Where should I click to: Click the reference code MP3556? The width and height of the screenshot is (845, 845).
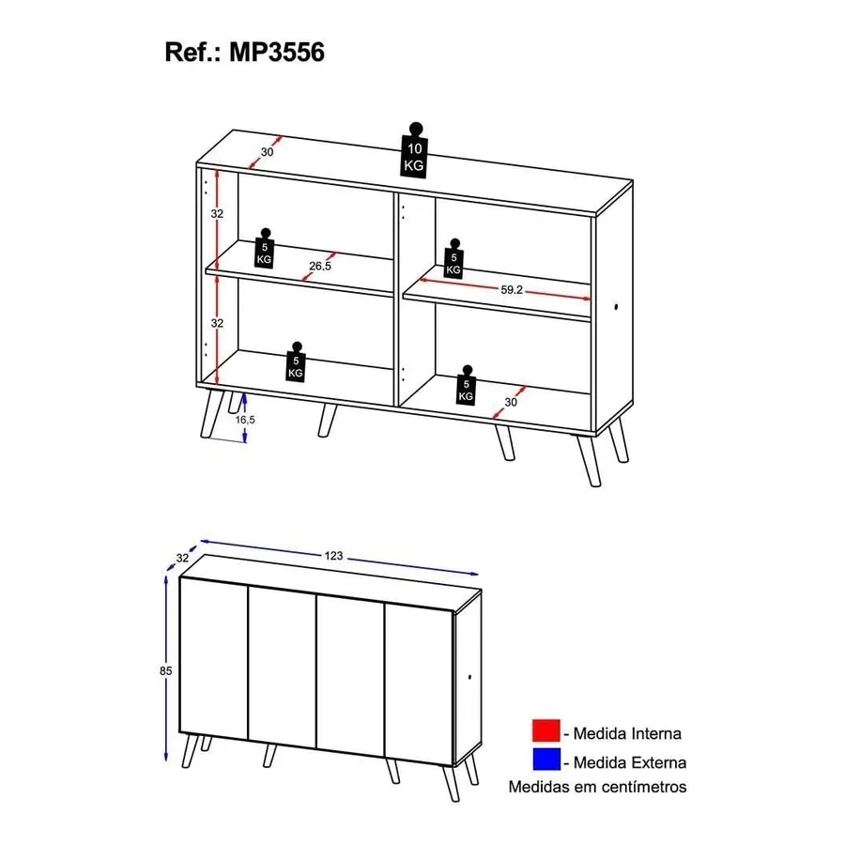pyautogui.click(x=276, y=53)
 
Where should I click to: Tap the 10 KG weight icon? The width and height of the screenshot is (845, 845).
pyautogui.click(x=414, y=150)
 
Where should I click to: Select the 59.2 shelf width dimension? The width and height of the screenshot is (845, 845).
pyautogui.click(x=512, y=289)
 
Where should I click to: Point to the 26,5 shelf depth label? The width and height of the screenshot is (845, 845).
pyautogui.click(x=320, y=266)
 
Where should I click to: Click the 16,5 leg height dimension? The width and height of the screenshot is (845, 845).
pyautogui.click(x=245, y=420)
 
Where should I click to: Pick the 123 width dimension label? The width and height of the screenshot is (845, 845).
pyautogui.click(x=333, y=556)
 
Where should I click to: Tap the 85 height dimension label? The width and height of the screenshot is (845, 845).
pyautogui.click(x=165, y=671)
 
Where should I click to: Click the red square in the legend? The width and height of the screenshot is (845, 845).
pyautogui.click(x=545, y=730)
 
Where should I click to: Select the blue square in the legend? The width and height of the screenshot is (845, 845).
pyautogui.click(x=545, y=759)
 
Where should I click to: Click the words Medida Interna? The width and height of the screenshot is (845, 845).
pyautogui.click(x=627, y=733)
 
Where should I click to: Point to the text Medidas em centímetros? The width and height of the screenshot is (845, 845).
pyautogui.click(x=597, y=787)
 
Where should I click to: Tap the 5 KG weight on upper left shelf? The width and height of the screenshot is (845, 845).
pyautogui.click(x=264, y=248)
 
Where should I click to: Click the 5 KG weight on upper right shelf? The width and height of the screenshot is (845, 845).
pyautogui.click(x=453, y=259)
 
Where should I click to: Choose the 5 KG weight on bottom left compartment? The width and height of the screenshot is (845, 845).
pyautogui.click(x=296, y=361)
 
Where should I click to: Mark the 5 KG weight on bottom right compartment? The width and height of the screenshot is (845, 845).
pyautogui.click(x=466, y=385)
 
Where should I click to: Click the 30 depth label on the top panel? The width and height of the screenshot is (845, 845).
pyautogui.click(x=268, y=152)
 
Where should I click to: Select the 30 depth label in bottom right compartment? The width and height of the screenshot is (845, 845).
pyautogui.click(x=511, y=402)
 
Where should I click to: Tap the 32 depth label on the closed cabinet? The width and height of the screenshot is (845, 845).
pyautogui.click(x=183, y=558)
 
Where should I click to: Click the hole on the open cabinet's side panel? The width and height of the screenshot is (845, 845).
pyautogui.click(x=616, y=307)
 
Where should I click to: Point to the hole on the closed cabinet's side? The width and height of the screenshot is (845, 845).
pyautogui.click(x=470, y=677)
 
